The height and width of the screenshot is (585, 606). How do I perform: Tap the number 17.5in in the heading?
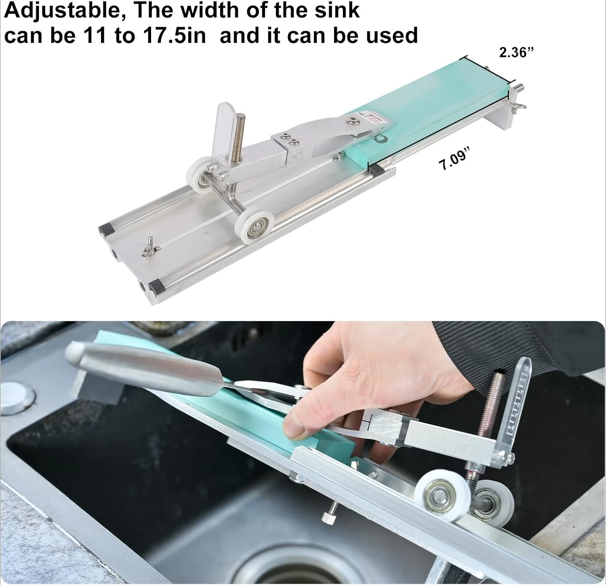[x=174, y=36]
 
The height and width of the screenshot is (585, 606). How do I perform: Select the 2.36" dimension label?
[x=516, y=53]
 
